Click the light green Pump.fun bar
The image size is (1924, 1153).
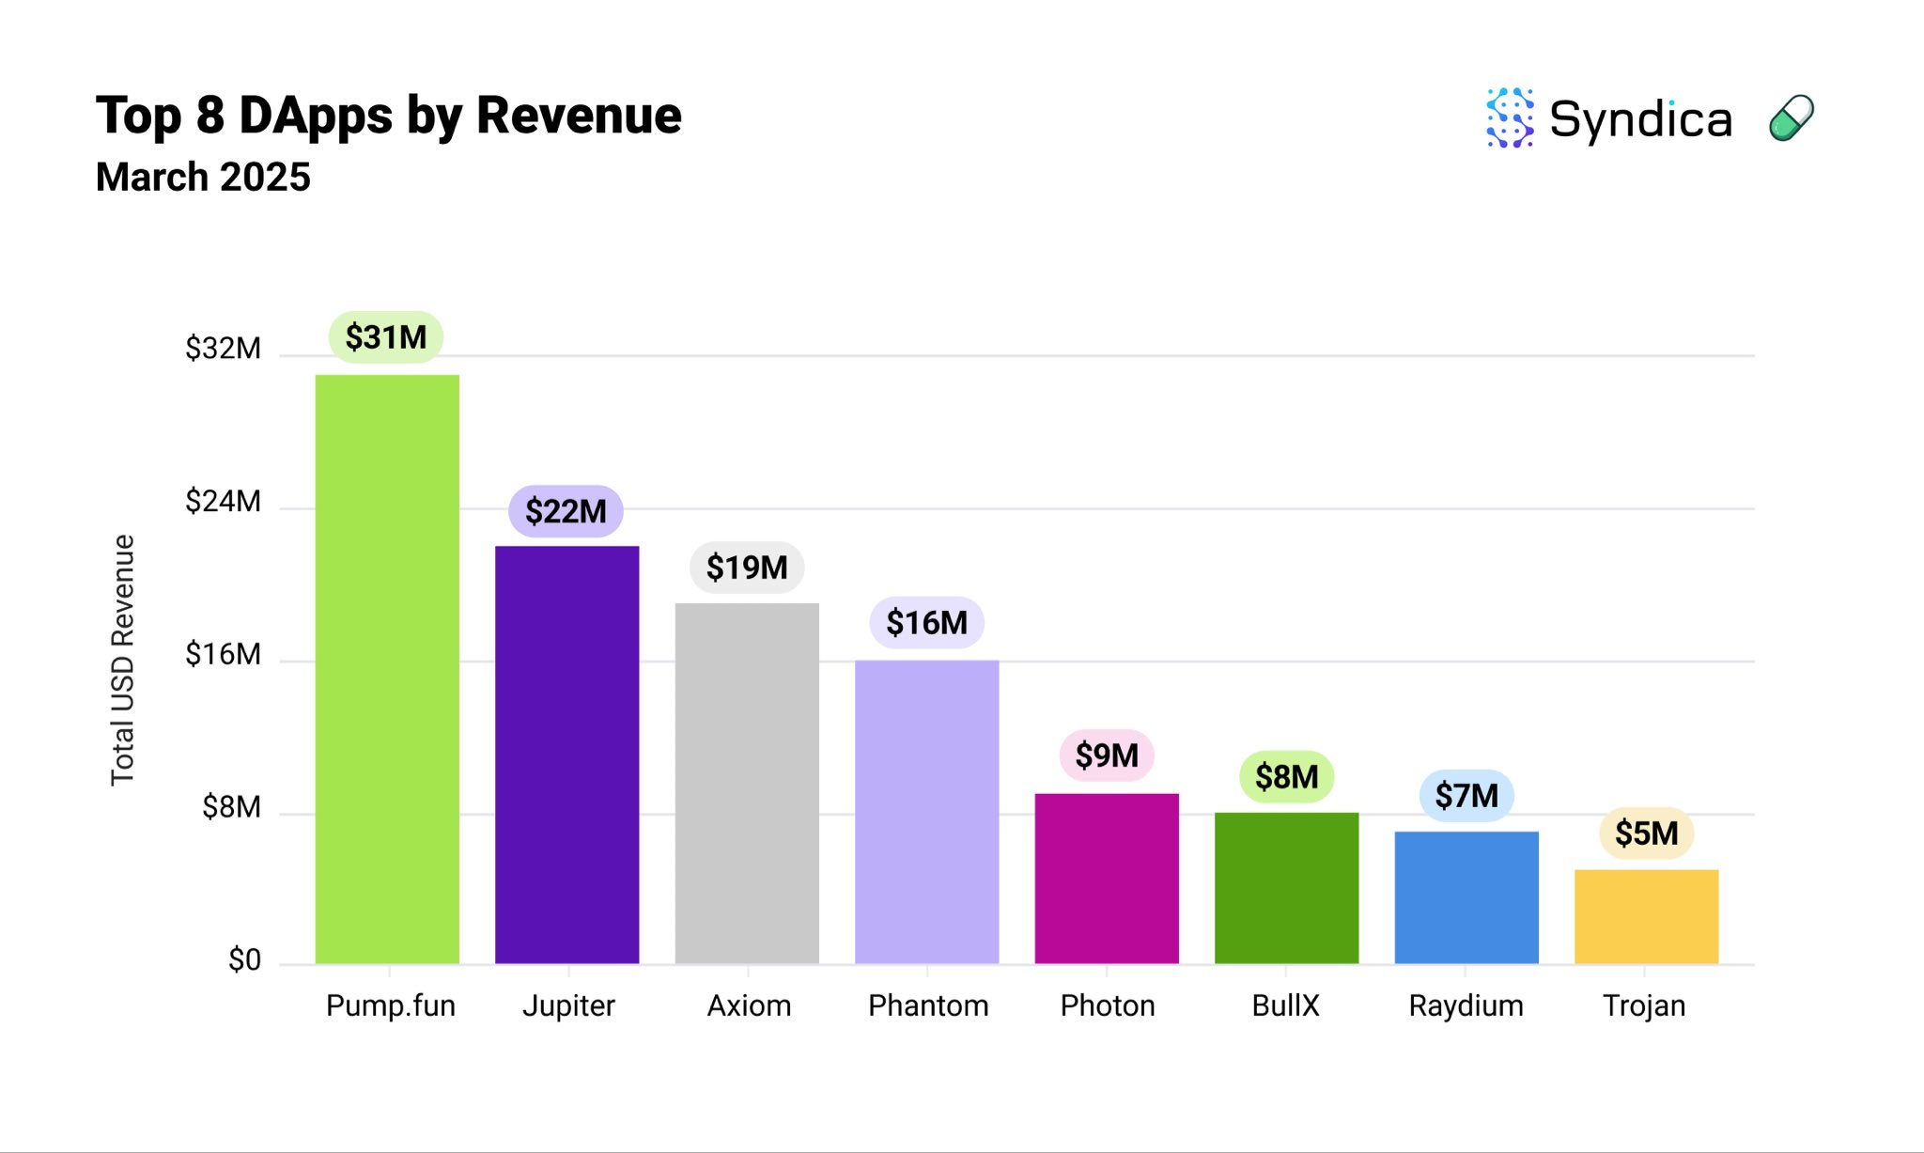tap(387, 669)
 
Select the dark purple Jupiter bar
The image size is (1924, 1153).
tap(566, 755)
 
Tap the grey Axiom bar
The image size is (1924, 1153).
tap(747, 783)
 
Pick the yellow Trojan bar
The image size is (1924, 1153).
tap(1646, 916)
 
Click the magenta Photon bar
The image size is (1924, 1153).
tap(1107, 878)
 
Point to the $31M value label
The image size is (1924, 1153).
tap(385, 336)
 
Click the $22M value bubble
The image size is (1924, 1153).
tap(566, 511)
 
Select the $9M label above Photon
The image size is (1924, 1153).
tap(1107, 756)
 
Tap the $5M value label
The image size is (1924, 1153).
tap(1646, 833)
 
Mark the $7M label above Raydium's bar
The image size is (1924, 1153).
tap(1466, 796)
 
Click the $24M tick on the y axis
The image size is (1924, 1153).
tap(223, 501)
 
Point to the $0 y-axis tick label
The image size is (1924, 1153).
tap(244, 959)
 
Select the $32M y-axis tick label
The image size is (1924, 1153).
tap(223, 349)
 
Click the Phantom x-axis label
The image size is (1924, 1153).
tap(928, 1005)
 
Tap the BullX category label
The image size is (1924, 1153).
tap(1285, 1005)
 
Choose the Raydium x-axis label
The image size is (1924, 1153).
tap(1466, 1005)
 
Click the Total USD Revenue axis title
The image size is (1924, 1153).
tap(123, 660)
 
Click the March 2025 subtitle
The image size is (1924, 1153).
tap(203, 177)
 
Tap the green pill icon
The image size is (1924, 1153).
tap(1791, 118)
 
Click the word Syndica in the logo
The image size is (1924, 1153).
tap(1639, 119)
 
